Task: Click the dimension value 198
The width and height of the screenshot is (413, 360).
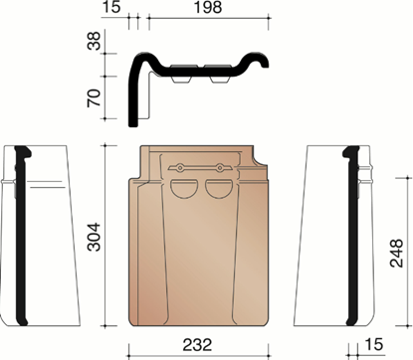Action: click(208, 7)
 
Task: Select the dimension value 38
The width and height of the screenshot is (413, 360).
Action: click(95, 41)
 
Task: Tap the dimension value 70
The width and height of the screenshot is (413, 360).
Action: click(95, 97)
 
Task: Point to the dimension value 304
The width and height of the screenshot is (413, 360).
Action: click(94, 237)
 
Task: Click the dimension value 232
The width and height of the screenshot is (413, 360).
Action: click(197, 345)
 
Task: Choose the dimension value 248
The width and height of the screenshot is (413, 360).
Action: click(396, 253)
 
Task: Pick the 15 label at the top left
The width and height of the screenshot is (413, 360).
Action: click(111, 7)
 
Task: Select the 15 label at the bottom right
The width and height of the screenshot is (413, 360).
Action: click(374, 344)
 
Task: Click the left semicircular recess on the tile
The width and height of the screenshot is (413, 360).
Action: click(183, 189)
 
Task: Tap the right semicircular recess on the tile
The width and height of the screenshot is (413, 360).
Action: click(218, 189)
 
